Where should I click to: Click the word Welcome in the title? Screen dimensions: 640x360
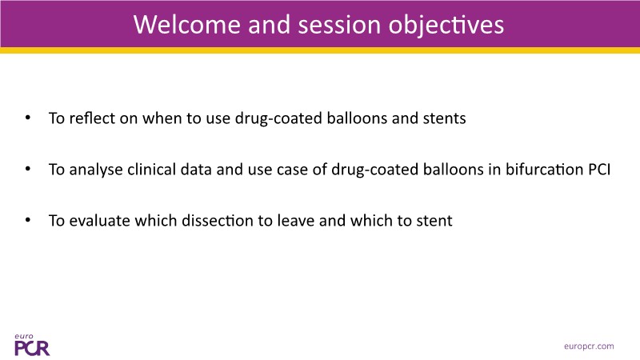(186, 24)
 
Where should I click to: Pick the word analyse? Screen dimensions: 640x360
(96, 170)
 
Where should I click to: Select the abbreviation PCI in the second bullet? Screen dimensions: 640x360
(599, 170)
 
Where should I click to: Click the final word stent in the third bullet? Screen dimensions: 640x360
(434, 221)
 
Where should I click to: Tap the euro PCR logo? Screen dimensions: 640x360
(32, 345)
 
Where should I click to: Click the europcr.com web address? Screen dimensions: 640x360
(589, 346)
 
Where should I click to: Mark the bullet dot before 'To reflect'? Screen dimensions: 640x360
(28, 118)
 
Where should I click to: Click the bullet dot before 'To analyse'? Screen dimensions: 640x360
(28, 169)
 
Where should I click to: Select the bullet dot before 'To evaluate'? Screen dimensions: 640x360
(28, 221)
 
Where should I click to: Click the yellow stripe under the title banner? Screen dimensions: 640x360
(320, 50)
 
